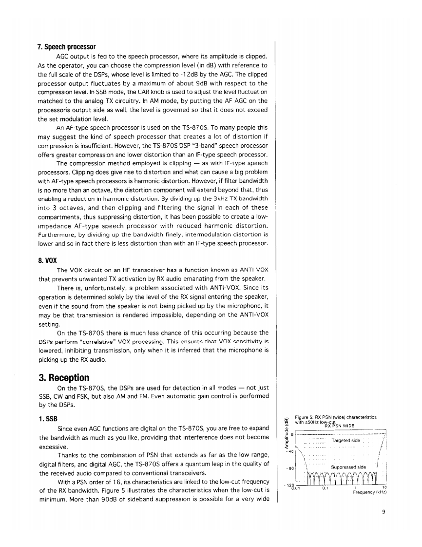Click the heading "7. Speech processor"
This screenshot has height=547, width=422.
pyautogui.click(x=66, y=47)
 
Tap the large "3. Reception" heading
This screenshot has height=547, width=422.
pyautogui.click(x=63, y=378)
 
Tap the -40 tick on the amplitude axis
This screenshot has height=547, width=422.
pyautogui.click(x=290, y=451)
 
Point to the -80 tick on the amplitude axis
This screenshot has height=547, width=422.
pyautogui.click(x=290, y=471)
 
